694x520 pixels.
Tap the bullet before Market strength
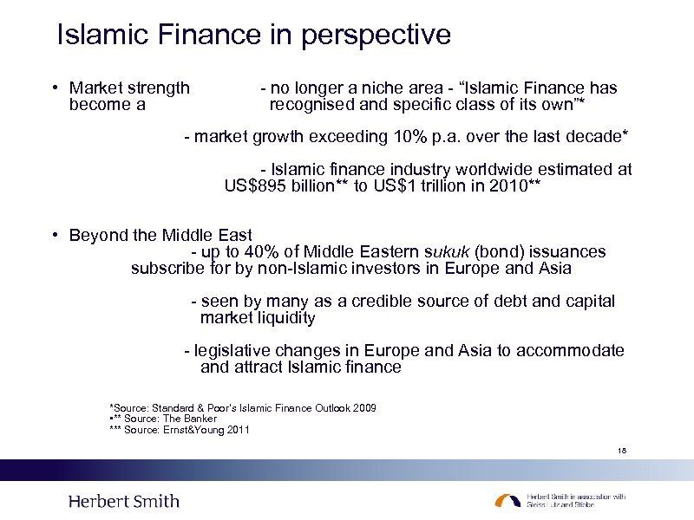pyautogui.click(x=54, y=88)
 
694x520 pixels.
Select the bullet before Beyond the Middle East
pyautogui.click(x=54, y=235)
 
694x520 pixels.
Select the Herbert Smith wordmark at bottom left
pyautogui.click(x=123, y=501)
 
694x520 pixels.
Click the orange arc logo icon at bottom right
pyautogui.click(x=508, y=501)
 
